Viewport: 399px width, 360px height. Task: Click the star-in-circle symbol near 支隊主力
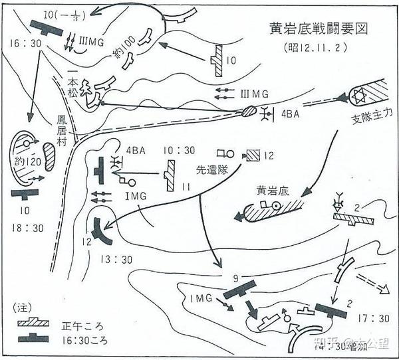coord(354,96)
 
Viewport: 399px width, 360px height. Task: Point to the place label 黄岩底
coord(275,190)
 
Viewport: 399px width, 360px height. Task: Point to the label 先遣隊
coord(212,170)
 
